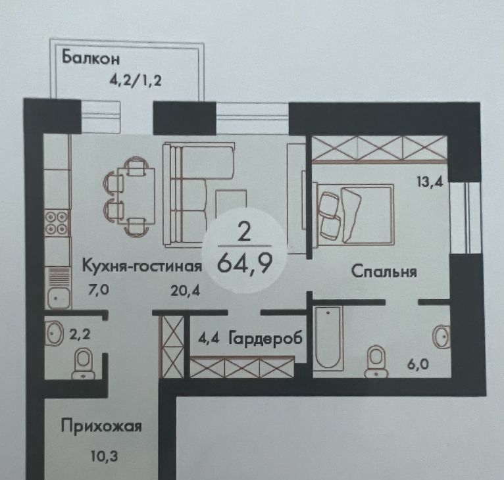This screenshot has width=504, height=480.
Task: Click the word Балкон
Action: (91, 57)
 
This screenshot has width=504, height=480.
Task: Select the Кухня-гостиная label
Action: (142, 266)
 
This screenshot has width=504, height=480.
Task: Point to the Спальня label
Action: (384, 272)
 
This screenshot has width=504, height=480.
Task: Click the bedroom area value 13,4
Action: (430, 182)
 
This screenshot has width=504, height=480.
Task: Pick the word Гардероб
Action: (266, 339)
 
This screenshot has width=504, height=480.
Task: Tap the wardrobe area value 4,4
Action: (209, 339)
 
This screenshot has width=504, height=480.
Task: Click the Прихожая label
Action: (101, 427)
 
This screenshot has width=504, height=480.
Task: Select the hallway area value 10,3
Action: (104, 456)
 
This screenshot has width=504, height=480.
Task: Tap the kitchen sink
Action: (58, 297)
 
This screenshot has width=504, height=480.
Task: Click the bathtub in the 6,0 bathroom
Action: (328, 337)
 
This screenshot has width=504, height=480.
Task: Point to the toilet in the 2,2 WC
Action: (84, 364)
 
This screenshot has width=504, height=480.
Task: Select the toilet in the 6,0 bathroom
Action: (376, 360)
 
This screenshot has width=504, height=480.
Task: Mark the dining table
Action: (136, 197)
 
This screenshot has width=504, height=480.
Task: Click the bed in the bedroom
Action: (354, 213)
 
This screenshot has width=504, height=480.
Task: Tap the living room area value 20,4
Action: (186, 291)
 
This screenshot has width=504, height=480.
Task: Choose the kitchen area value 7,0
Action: (99, 290)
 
